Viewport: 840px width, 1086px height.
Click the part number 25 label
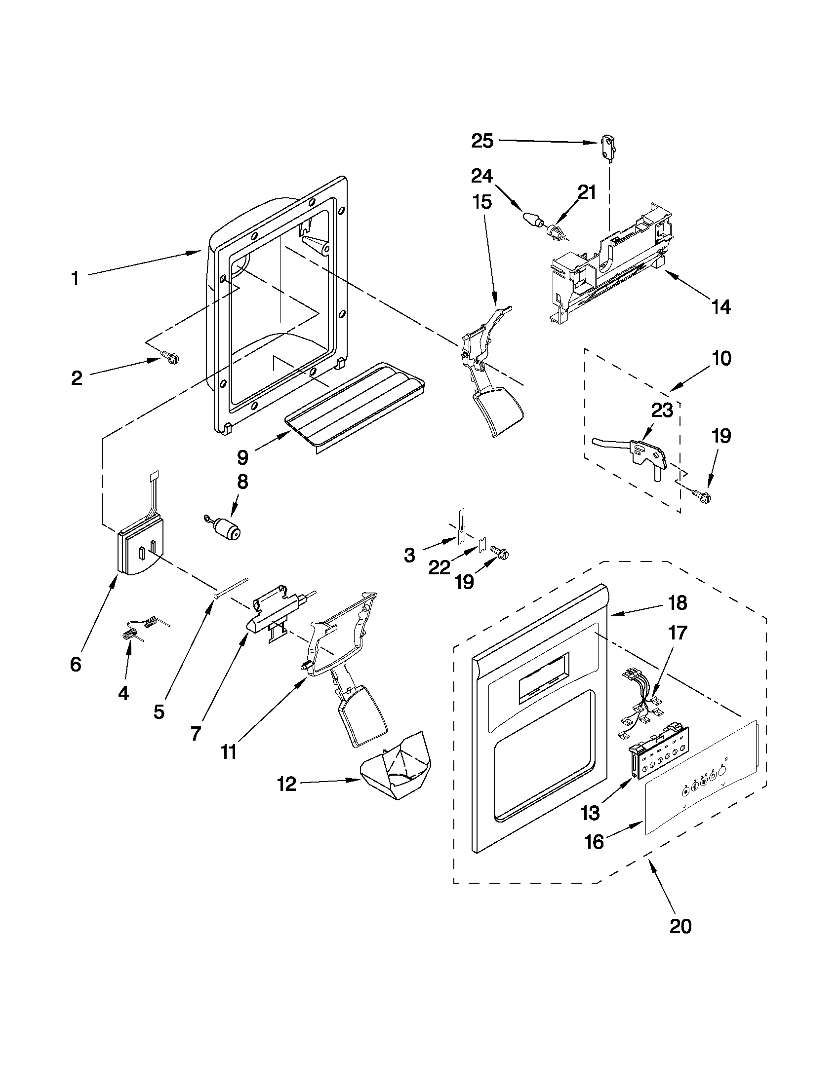pyautogui.click(x=482, y=141)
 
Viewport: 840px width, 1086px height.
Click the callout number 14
pyautogui.click(x=721, y=307)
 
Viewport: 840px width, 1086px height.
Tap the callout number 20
pyautogui.click(x=680, y=925)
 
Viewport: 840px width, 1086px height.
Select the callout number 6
pyautogui.click(x=76, y=664)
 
